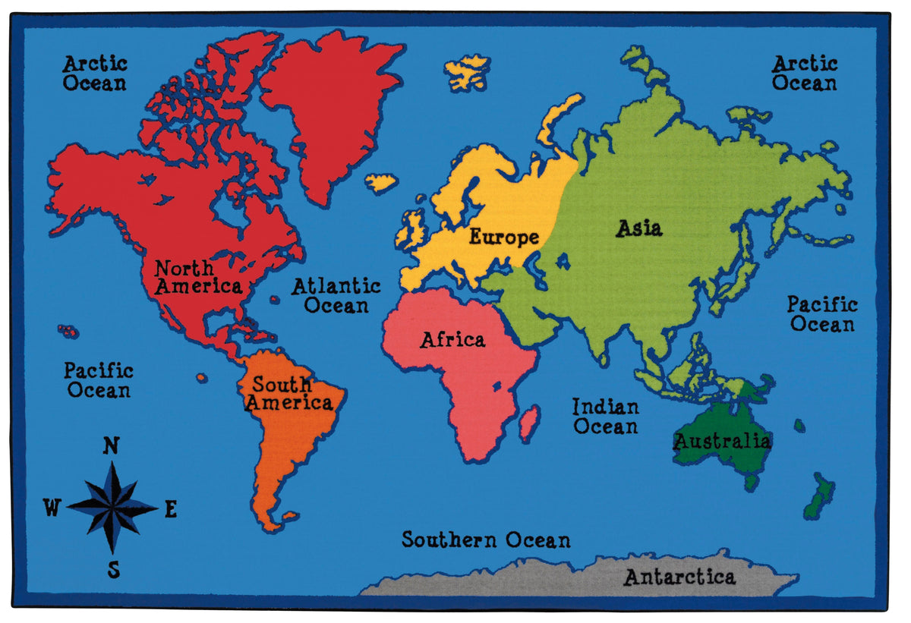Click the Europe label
click(x=503, y=237)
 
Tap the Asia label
click(x=638, y=228)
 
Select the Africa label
click(x=452, y=339)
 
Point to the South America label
click(x=288, y=393)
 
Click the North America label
click(x=197, y=277)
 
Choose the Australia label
click(x=722, y=440)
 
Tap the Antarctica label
click(x=679, y=577)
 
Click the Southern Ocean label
click(x=486, y=540)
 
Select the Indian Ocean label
click(x=605, y=417)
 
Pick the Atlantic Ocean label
click(x=336, y=296)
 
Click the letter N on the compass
click(x=111, y=446)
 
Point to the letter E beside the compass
click(x=171, y=509)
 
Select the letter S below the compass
click(x=114, y=569)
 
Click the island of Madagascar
click(x=529, y=423)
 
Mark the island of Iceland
click(x=381, y=182)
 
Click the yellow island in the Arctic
click(x=467, y=72)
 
